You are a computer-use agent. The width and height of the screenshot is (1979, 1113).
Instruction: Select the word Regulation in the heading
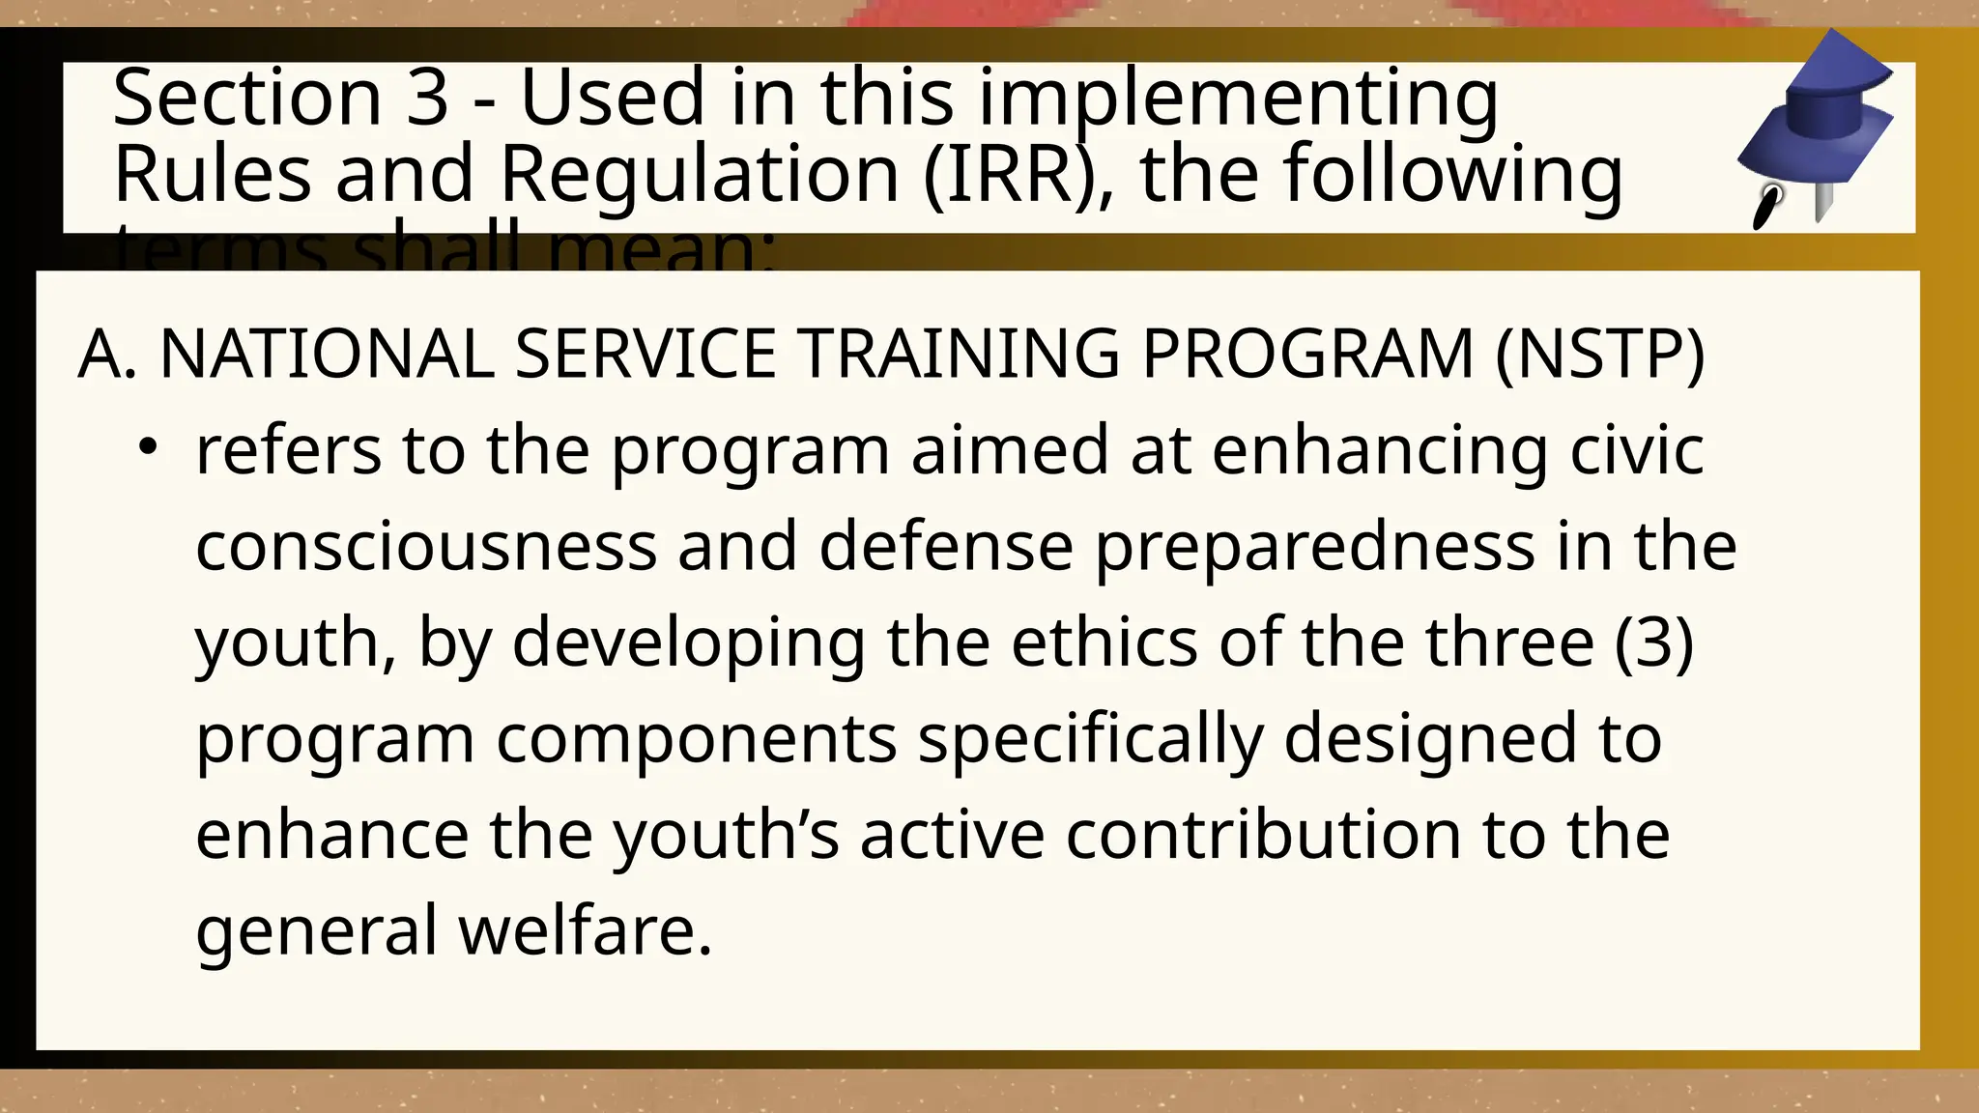pyautogui.click(x=700, y=175)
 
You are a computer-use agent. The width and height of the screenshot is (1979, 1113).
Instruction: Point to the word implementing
pyautogui.click(x=1238, y=99)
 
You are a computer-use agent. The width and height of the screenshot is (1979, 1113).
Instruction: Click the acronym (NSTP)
pyautogui.click(x=1599, y=354)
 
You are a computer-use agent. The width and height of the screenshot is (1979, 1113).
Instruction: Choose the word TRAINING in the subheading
pyautogui.click(x=960, y=354)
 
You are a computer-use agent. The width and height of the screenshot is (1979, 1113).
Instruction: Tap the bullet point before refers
pyautogui.click(x=147, y=448)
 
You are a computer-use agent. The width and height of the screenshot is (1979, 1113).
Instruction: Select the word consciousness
pyautogui.click(x=425, y=547)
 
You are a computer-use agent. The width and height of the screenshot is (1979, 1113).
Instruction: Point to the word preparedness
pyautogui.click(x=1314, y=547)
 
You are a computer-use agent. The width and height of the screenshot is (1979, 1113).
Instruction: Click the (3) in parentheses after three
pyautogui.click(x=1653, y=643)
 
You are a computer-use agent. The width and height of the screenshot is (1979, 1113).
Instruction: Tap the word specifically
pyautogui.click(x=1090, y=740)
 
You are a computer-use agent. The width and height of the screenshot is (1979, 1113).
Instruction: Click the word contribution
pyautogui.click(x=1263, y=835)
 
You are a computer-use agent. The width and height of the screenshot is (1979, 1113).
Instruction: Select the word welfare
pyautogui.click(x=585, y=931)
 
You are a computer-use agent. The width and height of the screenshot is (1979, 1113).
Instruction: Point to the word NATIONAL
pyautogui.click(x=327, y=354)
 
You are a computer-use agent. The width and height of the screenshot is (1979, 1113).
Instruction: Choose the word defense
pyautogui.click(x=945, y=547)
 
